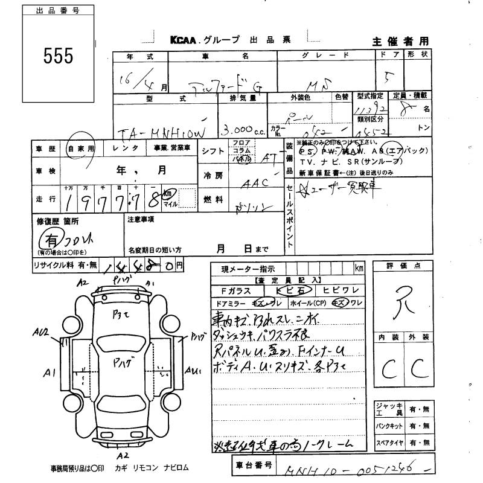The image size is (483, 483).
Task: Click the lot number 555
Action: tap(58, 56)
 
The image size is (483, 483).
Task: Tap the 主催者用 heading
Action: tap(400, 41)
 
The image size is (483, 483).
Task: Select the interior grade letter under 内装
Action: tap(388, 366)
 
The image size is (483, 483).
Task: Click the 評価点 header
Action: tap(404, 266)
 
